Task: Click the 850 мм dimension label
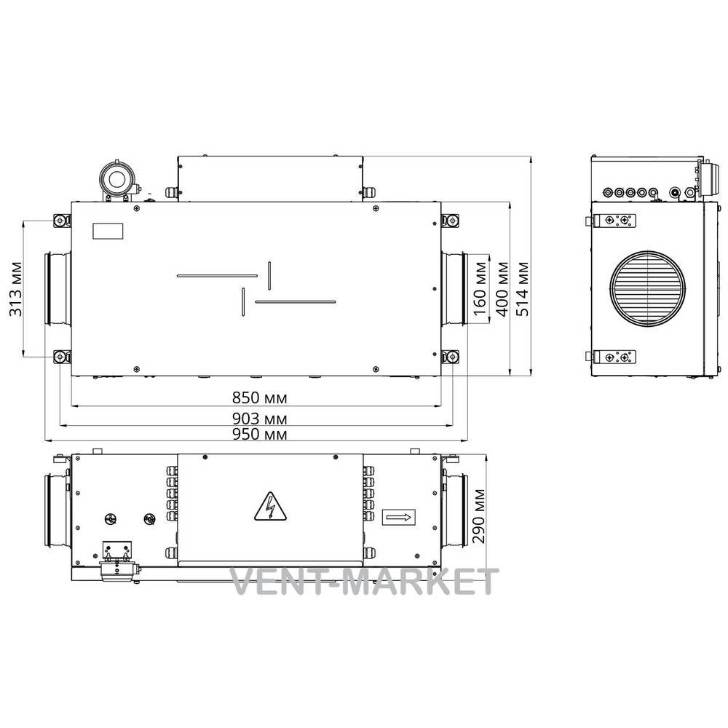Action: point(260,398)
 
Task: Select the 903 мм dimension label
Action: point(260,419)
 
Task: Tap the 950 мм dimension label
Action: point(260,434)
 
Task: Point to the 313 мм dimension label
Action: point(16,289)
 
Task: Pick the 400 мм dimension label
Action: point(502,289)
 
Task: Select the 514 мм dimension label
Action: point(522,289)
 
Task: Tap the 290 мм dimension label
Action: point(479,516)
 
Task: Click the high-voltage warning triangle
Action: point(270,507)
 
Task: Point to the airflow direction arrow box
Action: point(398,517)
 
